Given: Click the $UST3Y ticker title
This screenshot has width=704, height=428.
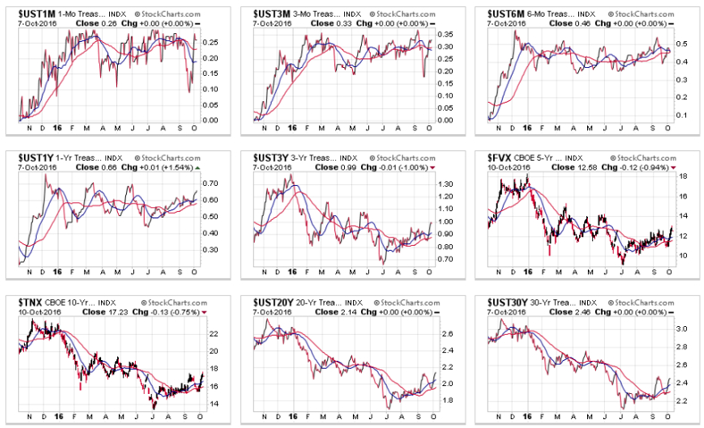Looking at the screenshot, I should [x=268, y=155].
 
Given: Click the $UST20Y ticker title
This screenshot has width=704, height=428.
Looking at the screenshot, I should [x=271, y=300].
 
